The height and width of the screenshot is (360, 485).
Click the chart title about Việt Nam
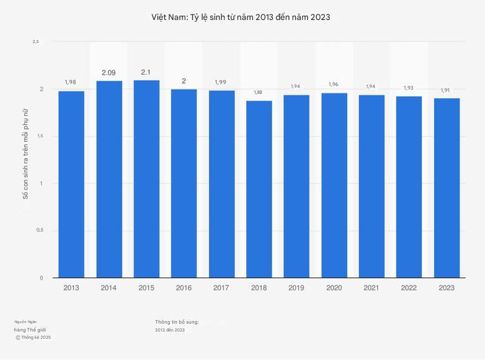tap(241, 18)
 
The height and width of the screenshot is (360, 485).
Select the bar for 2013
tap(72, 184)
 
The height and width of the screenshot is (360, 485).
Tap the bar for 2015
tap(147, 179)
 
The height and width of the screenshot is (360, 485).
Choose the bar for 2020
tap(334, 185)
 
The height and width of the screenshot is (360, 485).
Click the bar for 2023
tap(447, 188)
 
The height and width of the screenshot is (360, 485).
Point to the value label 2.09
tap(109, 73)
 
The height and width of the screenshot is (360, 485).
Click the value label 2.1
tap(146, 72)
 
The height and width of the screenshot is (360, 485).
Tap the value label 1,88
tap(259, 92)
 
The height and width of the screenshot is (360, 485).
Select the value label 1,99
tap(221, 82)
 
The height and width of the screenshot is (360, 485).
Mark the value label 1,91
tap(446, 90)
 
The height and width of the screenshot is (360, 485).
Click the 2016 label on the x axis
tap(184, 288)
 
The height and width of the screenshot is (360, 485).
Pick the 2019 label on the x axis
tap(296, 288)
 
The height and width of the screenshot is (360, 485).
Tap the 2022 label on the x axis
tap(409, 288)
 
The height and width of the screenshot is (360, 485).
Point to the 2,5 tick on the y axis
tap(36, 41)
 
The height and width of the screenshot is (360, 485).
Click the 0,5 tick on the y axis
tap(39, 230)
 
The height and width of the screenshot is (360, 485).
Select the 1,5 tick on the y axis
tap(39, 136)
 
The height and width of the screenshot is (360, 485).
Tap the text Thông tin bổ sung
tap(177, 321)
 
